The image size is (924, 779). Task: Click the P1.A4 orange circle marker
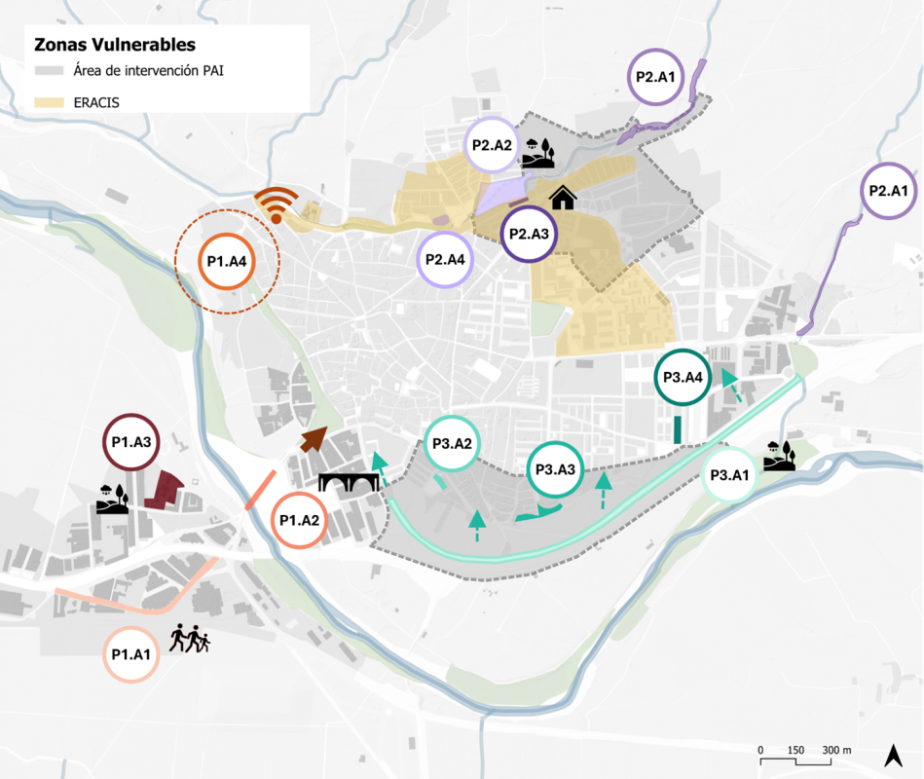tap(226, 261)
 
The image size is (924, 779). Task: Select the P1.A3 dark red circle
tap(130, 442)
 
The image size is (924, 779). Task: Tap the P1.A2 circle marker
tap(299, 520)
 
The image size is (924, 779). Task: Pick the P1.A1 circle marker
tap(129, 653)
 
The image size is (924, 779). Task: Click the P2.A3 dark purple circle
tap(531, 234)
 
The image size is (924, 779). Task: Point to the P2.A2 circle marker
tap(492, 145)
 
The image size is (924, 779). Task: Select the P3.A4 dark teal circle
tap(683, 377)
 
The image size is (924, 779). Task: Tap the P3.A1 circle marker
tap(729, 475)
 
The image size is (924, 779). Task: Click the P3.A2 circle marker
tap(452, 445)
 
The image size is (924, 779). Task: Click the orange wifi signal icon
tap(276, 205)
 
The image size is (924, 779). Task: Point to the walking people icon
tap(190, 639)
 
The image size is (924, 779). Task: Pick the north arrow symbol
tap(891, 755)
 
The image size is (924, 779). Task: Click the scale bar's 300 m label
tap(835, 750)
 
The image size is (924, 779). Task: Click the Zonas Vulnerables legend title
tap(115, 45)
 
